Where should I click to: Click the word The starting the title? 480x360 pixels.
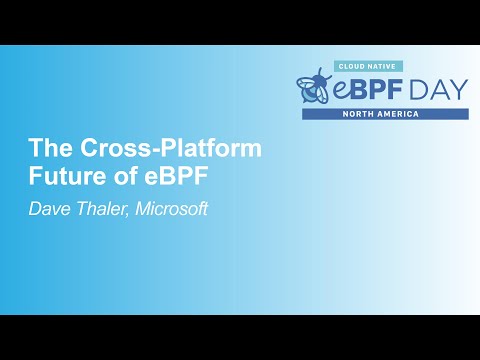tap(46, 150)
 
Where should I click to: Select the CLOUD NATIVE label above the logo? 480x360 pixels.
tap(367, 65)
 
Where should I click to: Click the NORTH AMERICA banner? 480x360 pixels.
tap(385, 114)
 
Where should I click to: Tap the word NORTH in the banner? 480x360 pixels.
tap(362, 114)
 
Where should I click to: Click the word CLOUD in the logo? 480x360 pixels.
tap(354, 65)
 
